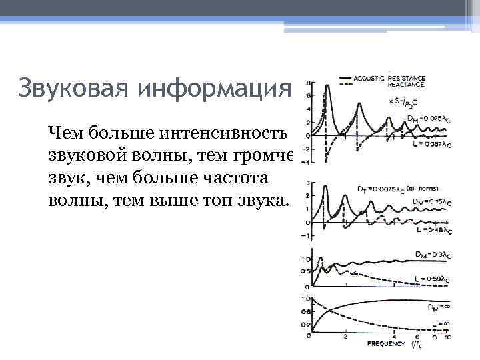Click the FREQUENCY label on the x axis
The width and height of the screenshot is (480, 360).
point(386,344)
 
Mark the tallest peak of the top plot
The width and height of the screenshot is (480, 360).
point(326,87)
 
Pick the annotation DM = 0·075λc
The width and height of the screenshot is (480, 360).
point(430,118)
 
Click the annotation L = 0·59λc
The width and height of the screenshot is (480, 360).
point(431,279)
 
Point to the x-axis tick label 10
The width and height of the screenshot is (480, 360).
point(447,338)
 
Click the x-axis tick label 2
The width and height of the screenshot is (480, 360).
point(345,338)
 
